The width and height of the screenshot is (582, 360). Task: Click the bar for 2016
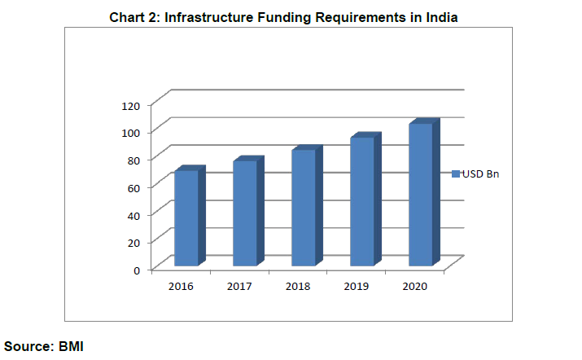186,217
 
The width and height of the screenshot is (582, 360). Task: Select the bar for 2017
244,213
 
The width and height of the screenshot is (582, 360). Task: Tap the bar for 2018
304,207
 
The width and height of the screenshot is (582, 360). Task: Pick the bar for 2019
362,201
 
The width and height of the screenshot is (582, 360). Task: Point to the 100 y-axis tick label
130,132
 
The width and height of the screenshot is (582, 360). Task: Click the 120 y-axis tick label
130,104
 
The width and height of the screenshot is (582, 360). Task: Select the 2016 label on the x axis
180,286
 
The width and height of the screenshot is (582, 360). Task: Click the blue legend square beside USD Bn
455,173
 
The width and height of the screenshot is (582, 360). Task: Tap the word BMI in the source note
71,346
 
